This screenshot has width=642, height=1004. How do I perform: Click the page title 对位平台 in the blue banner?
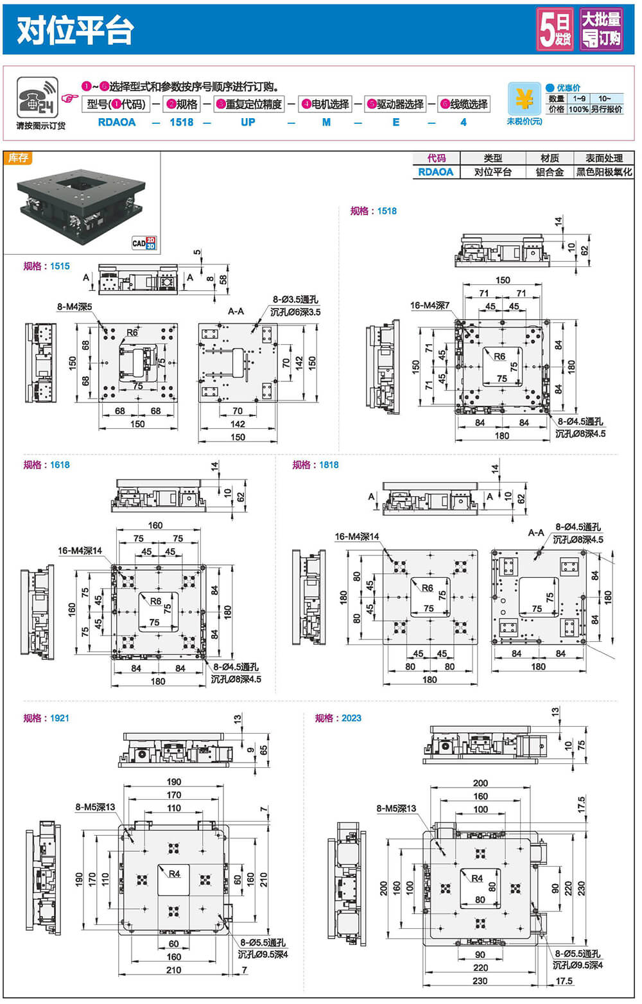coord(75,30)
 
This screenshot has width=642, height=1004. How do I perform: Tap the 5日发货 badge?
coord(555,30)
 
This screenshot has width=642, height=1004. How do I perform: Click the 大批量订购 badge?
coord(602,30)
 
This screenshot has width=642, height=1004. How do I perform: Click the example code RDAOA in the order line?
coord(117,122)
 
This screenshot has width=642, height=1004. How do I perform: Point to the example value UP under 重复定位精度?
coord(248,122)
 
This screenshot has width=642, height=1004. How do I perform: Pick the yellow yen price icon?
coord(525,99)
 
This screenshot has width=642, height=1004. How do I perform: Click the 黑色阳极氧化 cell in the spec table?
coord(603,172)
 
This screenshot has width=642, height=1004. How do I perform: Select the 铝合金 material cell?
coord(550,172)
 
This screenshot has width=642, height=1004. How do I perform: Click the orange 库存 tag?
coord(18,158)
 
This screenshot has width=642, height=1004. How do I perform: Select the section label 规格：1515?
coord(46,266)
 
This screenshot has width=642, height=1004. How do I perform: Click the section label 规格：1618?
coord(46,465)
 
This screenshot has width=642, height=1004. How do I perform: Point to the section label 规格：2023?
coord(338,718)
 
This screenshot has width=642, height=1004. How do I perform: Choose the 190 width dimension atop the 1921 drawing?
coord(174,782)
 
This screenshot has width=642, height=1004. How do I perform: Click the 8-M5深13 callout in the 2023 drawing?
coord(396,808)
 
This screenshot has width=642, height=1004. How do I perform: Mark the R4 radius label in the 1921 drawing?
coord(175,874)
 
